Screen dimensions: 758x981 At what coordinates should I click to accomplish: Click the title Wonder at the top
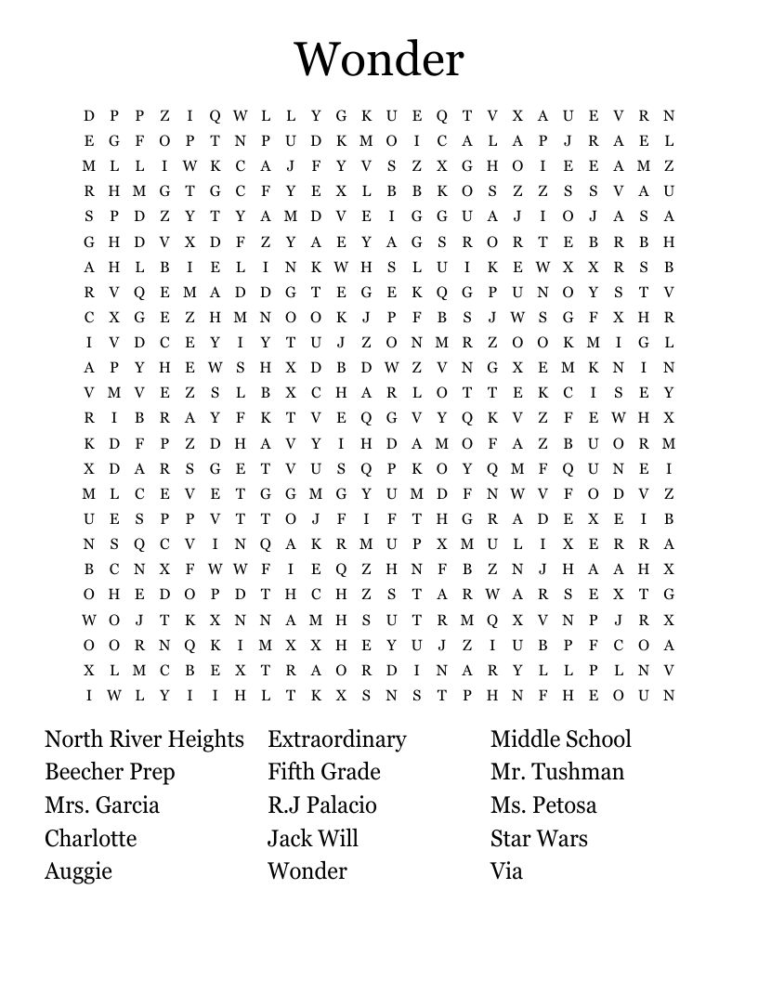coord(379,59)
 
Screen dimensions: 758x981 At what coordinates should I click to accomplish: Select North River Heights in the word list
coord(144,739)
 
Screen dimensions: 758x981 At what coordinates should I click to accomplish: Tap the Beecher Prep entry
coord(110,772)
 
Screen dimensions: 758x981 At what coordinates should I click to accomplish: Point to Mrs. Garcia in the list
coord(102,804)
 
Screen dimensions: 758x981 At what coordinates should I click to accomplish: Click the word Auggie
coord(78,871)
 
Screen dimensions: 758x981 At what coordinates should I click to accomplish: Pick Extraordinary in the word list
coord(337,739)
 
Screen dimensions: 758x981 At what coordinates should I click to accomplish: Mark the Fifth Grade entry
coord(324,772)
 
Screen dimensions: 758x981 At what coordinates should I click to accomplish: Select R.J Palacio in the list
coord(322,804)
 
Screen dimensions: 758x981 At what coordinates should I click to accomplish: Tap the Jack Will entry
coord(313,838)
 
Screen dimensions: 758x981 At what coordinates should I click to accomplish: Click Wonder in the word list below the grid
coord(307,871)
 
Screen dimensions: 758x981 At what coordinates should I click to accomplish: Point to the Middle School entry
coord(561,739)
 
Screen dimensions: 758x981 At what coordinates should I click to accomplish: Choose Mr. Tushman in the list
coord(557,772)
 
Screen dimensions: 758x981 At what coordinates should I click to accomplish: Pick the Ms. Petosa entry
coord(543,804)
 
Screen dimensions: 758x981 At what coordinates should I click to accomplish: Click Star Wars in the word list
coord(539,838)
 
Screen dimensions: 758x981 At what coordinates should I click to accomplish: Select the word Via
coord(506,871)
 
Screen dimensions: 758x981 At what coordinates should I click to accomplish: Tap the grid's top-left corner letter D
coord(89,116)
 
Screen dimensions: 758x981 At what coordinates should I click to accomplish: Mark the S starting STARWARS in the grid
coord(392,595)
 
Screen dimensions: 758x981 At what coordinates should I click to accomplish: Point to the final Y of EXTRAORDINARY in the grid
coord(517,670)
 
